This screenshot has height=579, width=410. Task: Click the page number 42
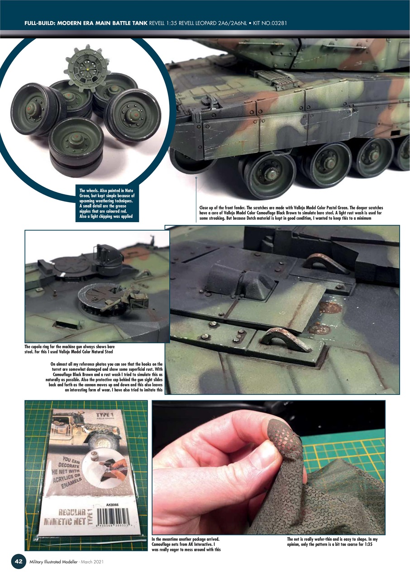point(19,561)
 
